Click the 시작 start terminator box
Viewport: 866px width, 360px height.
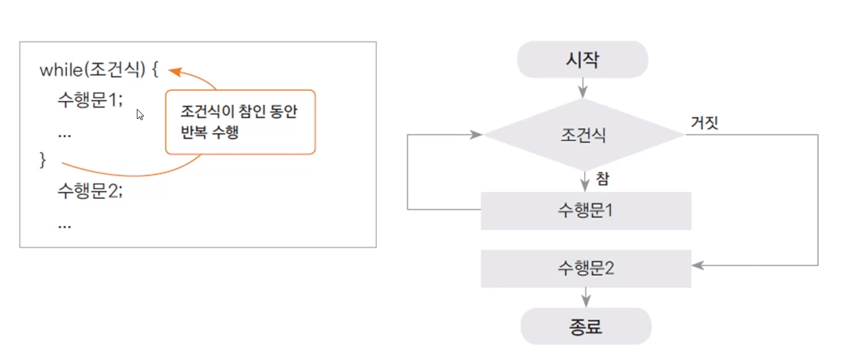point(583,60)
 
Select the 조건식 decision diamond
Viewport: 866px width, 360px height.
point(583,135)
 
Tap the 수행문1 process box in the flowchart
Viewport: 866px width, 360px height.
point(585,210)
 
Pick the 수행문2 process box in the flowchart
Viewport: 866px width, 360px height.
point(585,269)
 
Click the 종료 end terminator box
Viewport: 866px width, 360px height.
point(585,326)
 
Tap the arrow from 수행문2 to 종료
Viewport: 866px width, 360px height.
point(586,297)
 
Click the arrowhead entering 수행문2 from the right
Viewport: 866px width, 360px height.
point(698,266)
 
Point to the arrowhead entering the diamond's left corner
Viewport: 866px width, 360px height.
point(477,135)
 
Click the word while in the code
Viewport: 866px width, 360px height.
point(60,70)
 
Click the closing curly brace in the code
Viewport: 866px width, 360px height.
point(42,160)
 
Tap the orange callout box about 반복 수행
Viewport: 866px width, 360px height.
point(240,122)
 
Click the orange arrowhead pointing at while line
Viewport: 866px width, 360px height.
point(175,71)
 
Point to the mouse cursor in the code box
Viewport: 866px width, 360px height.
point(140,114)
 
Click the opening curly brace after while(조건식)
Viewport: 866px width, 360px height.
point(155,70)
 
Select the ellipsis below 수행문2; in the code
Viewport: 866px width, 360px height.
point(65,225)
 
